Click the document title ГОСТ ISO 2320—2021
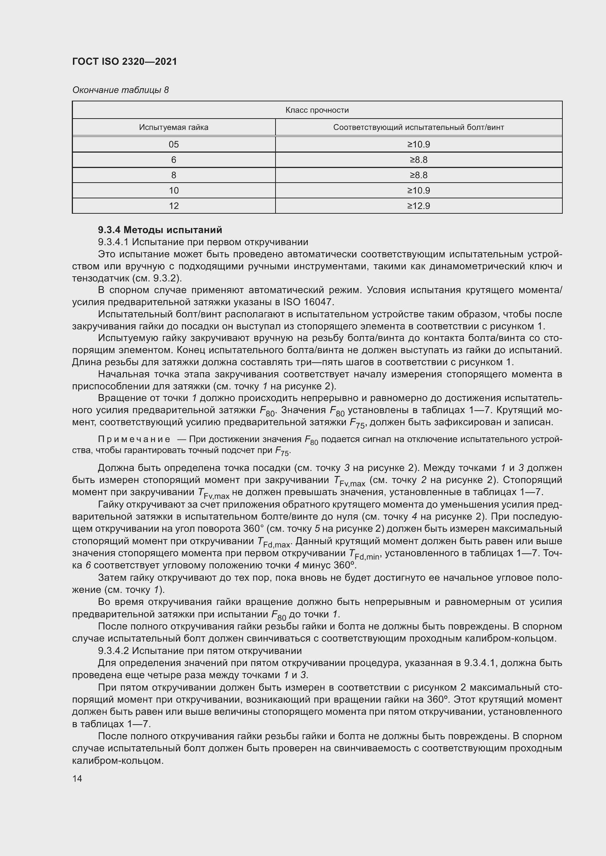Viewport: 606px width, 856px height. click(124, 61)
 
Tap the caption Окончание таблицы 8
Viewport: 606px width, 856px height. click(120, 90)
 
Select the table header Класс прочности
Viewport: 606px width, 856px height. click(317, 110)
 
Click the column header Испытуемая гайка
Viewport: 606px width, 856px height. click(174, 127)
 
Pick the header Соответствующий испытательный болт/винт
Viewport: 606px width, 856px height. click(418, 127)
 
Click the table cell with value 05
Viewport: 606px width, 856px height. click(174, 144)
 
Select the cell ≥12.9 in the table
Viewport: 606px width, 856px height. click(418, 206)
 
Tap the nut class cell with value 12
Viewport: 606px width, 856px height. click(174, 206)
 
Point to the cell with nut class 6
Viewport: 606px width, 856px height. click(174, 160)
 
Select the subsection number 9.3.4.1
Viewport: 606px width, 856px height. click(113, 242)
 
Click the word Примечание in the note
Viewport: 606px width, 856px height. click(134, 439)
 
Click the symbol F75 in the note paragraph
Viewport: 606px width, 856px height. click(282, 451)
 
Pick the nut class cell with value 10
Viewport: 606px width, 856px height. click(174, 191)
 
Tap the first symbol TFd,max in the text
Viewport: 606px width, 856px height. click(274, 542)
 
